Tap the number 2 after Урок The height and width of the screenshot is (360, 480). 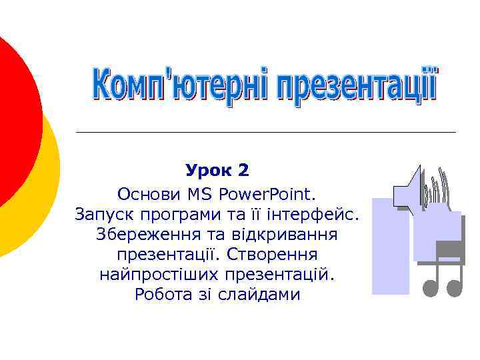[x=243, y=171]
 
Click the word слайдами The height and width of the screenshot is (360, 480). [x=257, y=295]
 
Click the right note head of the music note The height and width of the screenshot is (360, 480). [x=455, y=287]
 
